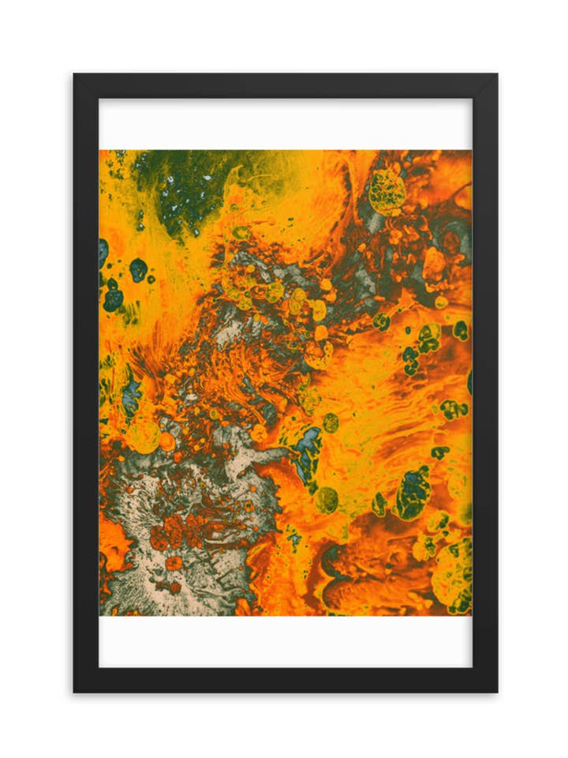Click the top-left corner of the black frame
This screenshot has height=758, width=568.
coord(75,75)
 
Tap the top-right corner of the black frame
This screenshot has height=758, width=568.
coord(496,75)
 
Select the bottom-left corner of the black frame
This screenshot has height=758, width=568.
coord(75,692)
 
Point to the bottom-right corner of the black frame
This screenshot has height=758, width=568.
coord(496,692)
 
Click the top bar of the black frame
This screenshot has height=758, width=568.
coord(284,86)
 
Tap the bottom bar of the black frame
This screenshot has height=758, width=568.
coord(284,680)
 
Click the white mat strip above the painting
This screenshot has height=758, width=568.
coord(284,124)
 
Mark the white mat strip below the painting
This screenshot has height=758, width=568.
coord(284,641)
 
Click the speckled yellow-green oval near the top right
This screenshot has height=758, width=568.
coord(387,192)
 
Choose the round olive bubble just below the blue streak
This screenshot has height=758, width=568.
coord(327,499)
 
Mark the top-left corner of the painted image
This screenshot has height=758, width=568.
coord(99,150)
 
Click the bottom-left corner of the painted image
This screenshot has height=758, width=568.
coord(99,615)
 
